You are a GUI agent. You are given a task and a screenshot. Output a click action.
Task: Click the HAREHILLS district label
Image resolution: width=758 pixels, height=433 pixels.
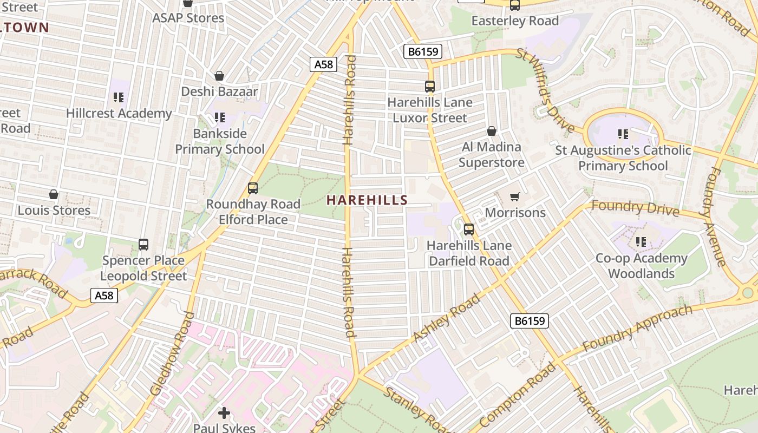point(367,200)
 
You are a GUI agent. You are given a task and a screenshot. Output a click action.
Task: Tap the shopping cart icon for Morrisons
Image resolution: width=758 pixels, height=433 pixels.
point(514,196)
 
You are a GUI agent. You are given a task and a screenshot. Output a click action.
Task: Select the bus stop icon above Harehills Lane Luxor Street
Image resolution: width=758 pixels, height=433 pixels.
point(430,86)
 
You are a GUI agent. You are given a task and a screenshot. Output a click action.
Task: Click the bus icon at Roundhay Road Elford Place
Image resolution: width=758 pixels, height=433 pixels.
point(253,188)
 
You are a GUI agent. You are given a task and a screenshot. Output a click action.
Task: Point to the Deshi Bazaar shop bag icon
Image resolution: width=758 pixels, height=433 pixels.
point(219,76)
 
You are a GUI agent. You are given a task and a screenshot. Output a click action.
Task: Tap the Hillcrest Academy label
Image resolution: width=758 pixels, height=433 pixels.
point(119,113)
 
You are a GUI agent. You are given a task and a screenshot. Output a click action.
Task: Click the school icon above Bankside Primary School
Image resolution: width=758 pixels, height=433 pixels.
point(219,117)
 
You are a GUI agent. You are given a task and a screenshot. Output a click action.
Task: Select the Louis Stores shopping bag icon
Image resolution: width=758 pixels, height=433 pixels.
point(54,194)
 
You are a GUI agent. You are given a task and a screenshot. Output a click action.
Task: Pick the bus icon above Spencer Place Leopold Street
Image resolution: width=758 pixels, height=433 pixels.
point(143,244)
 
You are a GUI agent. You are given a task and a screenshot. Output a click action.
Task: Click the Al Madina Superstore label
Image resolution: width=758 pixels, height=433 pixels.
point(492,154)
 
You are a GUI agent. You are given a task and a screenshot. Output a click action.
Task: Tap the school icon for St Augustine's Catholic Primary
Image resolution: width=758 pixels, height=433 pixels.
point(623,134)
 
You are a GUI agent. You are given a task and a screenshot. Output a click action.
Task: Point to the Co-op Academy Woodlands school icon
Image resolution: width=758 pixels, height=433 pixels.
point(642,241)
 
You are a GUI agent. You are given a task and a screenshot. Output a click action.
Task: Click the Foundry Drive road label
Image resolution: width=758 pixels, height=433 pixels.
point(635,207)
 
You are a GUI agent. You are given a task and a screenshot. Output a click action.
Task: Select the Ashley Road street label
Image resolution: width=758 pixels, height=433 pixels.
point(446,318)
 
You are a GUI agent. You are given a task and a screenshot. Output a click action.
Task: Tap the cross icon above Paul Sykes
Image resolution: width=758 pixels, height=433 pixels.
point(224,413)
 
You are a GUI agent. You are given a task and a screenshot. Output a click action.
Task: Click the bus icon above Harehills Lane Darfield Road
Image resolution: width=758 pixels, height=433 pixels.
point(469,229)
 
